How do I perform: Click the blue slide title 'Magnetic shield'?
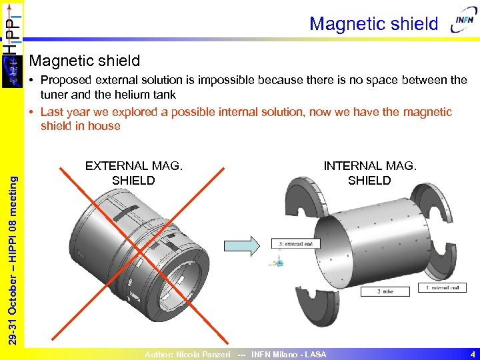(x=373, y=24)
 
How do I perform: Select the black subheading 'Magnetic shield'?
(x=85, y=61)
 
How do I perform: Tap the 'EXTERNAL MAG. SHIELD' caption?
(x=133, y=173)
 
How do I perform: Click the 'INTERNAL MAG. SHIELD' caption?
(x=369, y=173)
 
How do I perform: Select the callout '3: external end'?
(x=291, y=243)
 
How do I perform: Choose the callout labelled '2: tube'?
(x=385, y=291)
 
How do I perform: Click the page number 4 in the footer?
(x=472, y=354)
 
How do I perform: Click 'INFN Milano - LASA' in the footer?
(x=289, y=355)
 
